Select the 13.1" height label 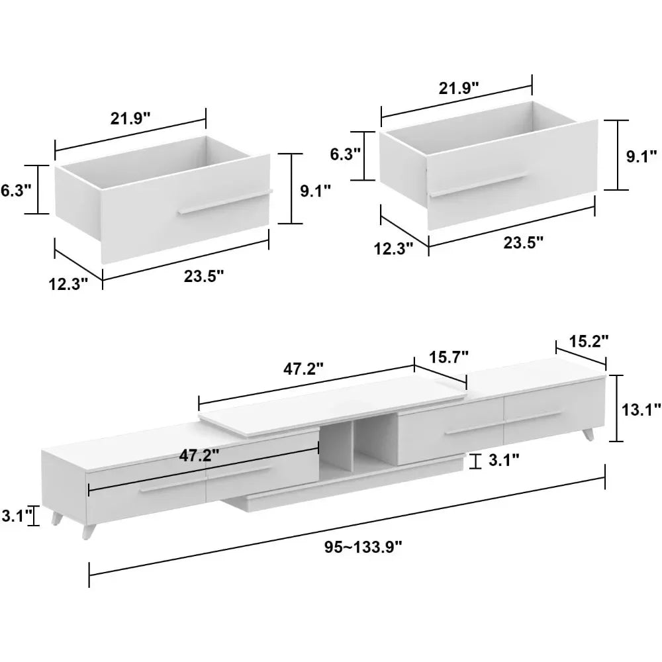[639, 410]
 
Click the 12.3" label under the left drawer [68, 284]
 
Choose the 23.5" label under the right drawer [523, 242]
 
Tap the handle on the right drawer [477, 185]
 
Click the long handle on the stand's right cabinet [503, 423]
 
